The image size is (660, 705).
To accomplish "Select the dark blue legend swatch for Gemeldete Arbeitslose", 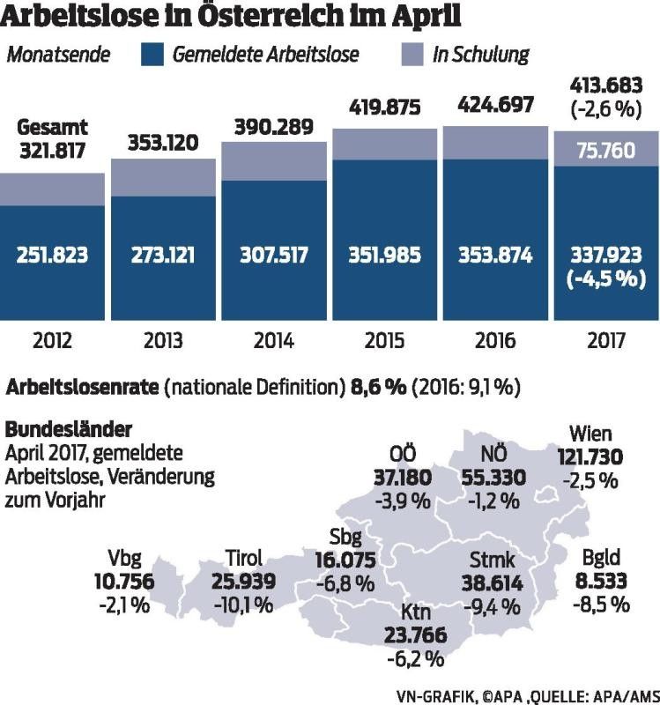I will tap(153, 55).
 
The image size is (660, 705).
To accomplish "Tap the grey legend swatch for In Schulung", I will tap(412, 55).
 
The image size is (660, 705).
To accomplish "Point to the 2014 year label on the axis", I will tap(275, 340).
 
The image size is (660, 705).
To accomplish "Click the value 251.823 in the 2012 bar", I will tap(54, 256).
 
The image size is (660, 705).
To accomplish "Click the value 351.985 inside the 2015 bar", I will tap(386, 256).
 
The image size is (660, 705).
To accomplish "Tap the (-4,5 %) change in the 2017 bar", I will tap(606, 280).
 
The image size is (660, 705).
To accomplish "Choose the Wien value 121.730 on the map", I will tap(590, 456).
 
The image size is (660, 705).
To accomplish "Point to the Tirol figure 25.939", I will tap(244, 582).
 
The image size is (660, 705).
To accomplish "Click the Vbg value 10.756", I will tap(122, 582).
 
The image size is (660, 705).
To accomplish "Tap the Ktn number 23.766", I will tap(415, 635).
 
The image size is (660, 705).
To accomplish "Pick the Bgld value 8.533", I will tap(604, 582).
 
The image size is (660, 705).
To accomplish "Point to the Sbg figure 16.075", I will tap(345, 560).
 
